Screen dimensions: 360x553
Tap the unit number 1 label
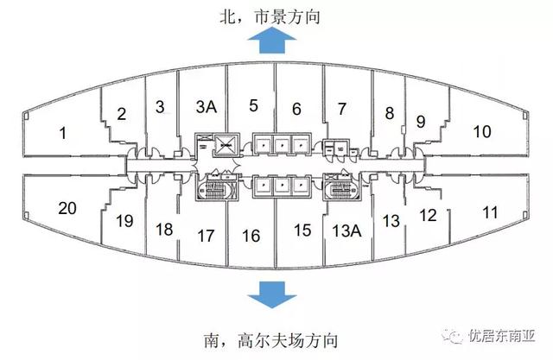61,132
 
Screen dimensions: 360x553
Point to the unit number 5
253,106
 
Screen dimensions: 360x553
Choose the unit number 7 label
296,109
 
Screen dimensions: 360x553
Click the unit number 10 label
342,109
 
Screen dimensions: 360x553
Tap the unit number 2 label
122,113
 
